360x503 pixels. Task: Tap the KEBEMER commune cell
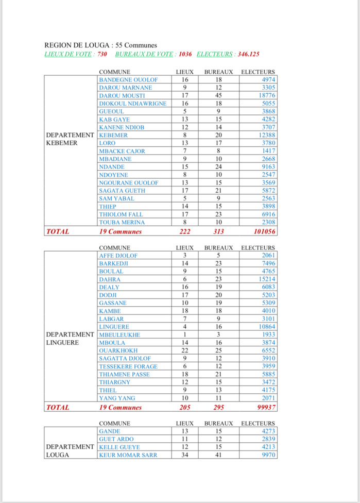pyautogui.click(x=113, y=136)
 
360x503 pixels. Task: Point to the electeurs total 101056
pyautogui.click(x=261, y=232)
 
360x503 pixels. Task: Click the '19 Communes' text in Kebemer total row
pyautogui.click(x=120, y=232)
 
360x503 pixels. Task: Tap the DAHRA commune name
pyautogui.click(x=110, y=279)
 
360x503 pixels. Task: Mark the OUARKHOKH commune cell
pyautogui.click(x=118, y=350)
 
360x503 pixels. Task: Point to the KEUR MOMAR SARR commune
pyautogui.click(x=128, y=455)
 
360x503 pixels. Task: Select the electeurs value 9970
pyautogui.click(x=268, y=455)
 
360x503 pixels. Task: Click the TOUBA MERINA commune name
pyautogui.click(x=122, y=222)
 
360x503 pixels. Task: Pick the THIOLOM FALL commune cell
pyautogui.click(x=121, y=214)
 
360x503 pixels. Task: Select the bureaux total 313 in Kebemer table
pyautogui.click(x=218, y=232)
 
